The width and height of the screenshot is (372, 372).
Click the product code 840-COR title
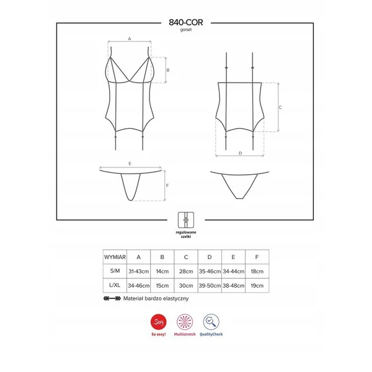point(186,21)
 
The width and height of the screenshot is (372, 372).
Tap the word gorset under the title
point(186,29)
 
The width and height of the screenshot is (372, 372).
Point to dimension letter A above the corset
point(130,38)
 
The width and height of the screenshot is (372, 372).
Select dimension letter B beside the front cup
point(168,70)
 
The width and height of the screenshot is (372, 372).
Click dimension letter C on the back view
point(281,107)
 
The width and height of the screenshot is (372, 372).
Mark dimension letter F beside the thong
point(168,185)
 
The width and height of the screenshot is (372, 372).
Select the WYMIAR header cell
point(116,256)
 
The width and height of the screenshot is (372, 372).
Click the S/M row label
point(116,272)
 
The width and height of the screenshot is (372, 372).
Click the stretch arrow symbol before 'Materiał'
point(112,298)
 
